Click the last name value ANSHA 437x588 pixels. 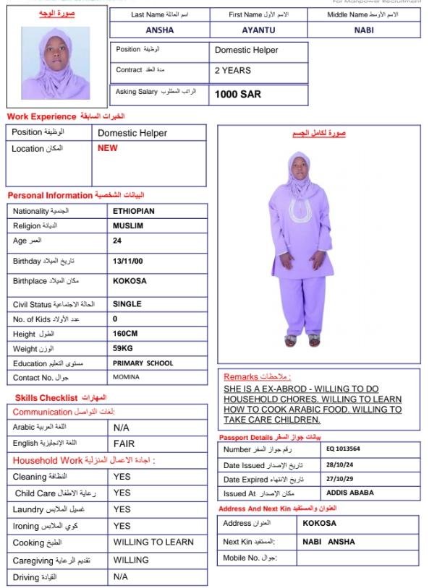point(160,30)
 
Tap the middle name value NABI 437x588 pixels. point(364,30)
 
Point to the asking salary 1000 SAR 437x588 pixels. point(238,94)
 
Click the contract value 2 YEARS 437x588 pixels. point(233,71)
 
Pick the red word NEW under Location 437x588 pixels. point(107,148)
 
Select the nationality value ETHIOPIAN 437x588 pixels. point(134,212)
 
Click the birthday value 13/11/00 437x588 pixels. point(129,261)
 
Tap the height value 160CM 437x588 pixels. point(128,334)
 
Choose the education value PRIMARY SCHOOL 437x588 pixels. point(143,363)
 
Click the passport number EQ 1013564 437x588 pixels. point(344,449)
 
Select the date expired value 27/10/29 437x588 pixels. point(340,479)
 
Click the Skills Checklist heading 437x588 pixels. point(46,398)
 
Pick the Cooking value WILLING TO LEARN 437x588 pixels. point(153,542)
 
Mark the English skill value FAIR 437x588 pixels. point(124,444)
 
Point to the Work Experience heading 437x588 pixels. point(41,116)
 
